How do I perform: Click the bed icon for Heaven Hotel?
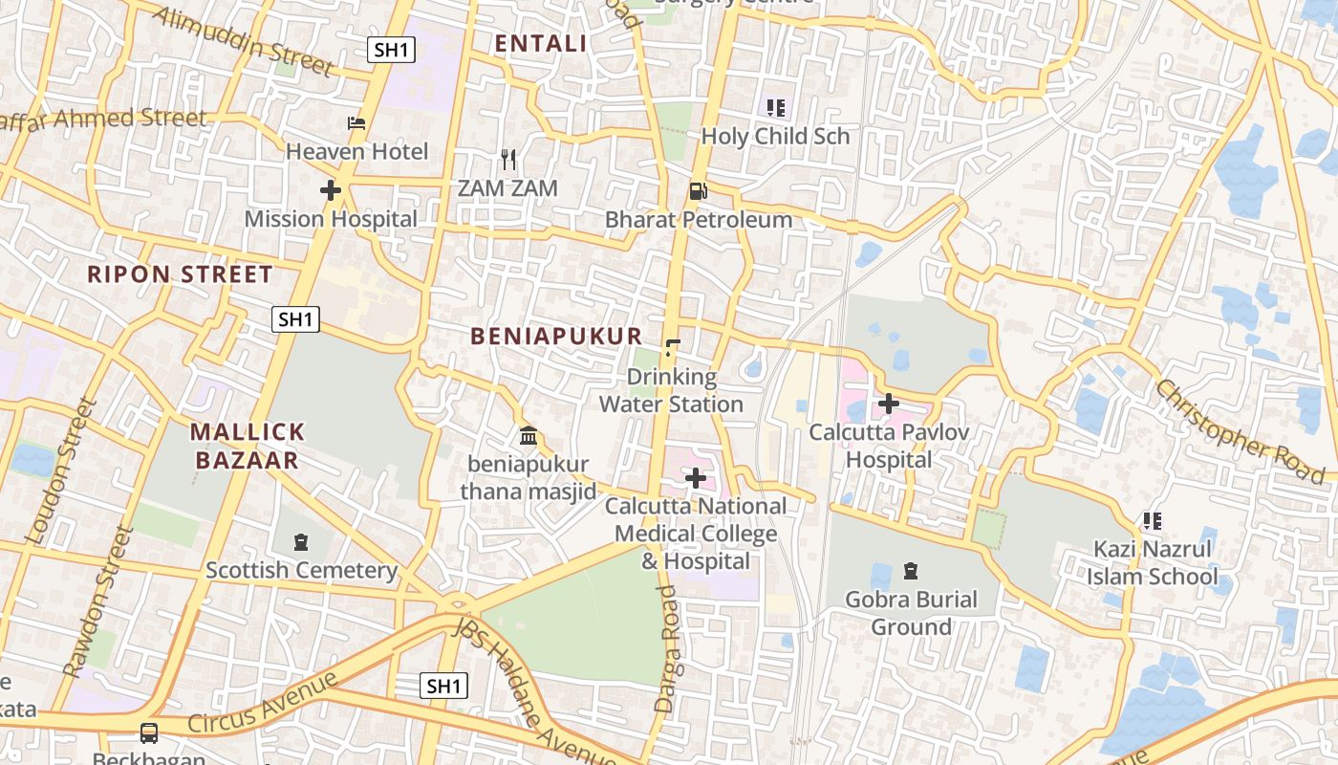[356, 122]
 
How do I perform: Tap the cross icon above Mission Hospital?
[331, 190]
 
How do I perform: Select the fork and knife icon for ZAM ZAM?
[508, 159]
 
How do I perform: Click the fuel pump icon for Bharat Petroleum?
[699, 190]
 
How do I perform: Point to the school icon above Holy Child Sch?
[775, 107]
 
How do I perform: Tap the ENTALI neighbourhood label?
[540, 43]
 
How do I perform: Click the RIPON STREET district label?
[180, 274]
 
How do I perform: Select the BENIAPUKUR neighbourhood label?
[556, 336]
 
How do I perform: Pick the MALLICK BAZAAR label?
[248, 446]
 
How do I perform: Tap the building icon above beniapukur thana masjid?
[529, 436]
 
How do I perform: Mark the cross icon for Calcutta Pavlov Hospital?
[889, 404]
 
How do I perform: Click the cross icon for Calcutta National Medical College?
[696, 477]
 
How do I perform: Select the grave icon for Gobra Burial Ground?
[911, 571]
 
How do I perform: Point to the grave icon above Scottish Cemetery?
[301, 542]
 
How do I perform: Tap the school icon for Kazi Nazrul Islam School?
[1153, 521]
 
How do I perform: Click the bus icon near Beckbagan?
[149, 732]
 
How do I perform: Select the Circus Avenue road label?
[263, 703]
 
